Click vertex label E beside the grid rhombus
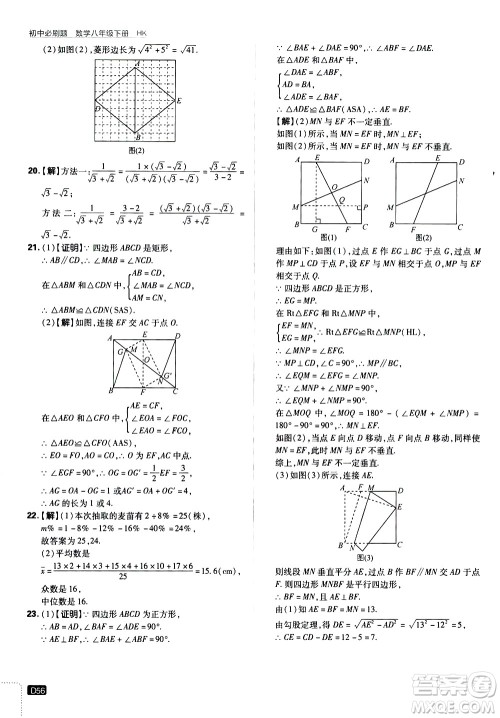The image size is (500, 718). (x=178, y=101)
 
